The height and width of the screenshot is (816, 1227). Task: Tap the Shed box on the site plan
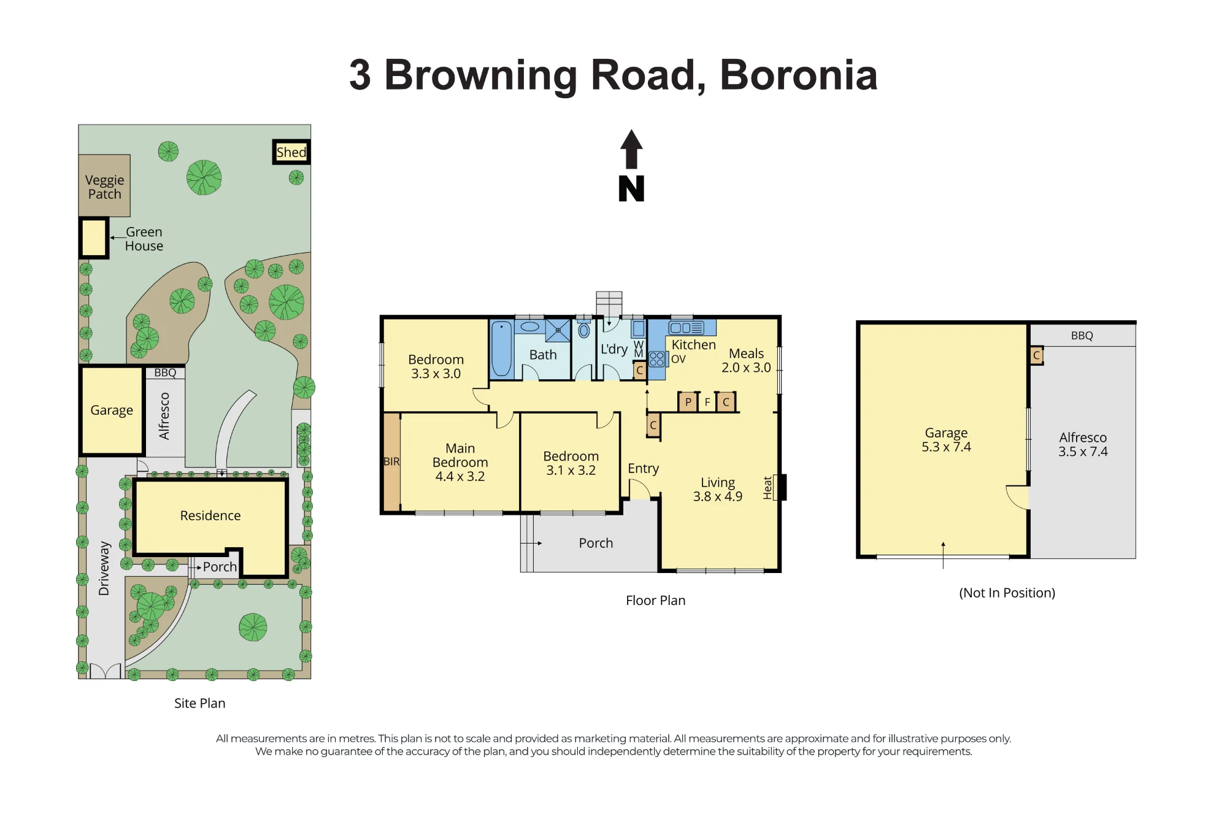tap(291, 152)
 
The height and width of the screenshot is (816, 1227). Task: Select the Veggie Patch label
tap(105, 187)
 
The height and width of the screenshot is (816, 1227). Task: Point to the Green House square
tap(94, 238)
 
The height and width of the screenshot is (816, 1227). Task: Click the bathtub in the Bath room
tap(502, 348)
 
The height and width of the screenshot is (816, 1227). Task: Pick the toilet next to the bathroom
tap(584, 329)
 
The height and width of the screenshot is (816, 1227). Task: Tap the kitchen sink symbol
tap(687, 328)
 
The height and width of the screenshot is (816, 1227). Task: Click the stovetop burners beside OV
tap(656, 359)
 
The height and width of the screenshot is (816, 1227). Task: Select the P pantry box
tap(688, 402)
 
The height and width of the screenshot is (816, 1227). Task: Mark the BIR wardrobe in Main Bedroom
tap(391, 462)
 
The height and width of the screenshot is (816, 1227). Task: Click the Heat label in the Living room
tap(767, 488)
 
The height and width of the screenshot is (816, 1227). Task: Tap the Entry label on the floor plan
tap(643, 469)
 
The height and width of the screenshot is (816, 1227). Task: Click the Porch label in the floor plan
tap(596, 543)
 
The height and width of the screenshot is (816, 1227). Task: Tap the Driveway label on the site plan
tap(104, 568)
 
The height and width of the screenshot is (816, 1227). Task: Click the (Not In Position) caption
tap(1007, 593)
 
